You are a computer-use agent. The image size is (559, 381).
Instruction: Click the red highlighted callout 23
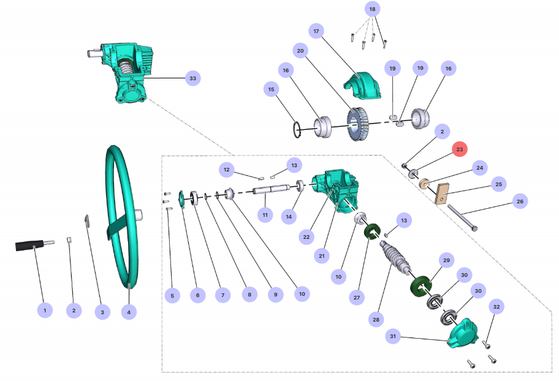point(460,149)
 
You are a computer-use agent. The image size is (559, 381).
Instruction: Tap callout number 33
point(193,78)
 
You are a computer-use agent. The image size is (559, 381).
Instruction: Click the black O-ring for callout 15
point(296,129)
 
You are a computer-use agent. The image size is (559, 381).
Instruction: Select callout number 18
point(372,9)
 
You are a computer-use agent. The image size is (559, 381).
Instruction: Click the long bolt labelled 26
point(463,217)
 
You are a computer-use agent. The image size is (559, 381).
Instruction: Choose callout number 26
point(520,201)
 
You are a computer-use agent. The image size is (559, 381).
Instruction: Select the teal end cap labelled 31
point(463,334)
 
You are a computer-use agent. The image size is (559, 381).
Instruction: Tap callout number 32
point(496,306)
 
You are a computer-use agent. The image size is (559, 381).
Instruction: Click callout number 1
point(44,311)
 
